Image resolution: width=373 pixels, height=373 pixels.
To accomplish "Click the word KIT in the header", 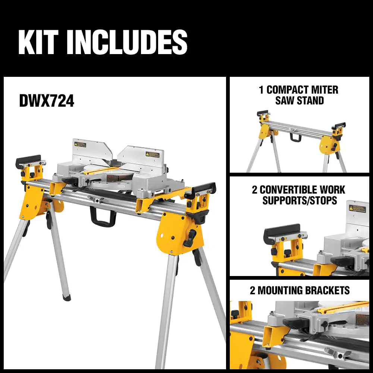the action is point(38,43).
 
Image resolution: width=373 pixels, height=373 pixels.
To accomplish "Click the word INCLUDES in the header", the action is point(127,43).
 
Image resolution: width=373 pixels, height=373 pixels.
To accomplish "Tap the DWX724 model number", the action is point(47,101).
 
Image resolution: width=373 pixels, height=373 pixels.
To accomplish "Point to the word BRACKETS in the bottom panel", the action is point(327,290).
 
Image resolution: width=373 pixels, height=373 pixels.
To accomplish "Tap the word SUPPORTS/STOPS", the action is point(300,200).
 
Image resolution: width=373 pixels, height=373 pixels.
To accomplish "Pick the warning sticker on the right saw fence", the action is point(152,154).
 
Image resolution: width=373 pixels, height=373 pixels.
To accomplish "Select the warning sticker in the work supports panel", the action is point(357,209).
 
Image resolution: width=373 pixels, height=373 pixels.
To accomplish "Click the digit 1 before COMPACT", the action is point(261,90).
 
